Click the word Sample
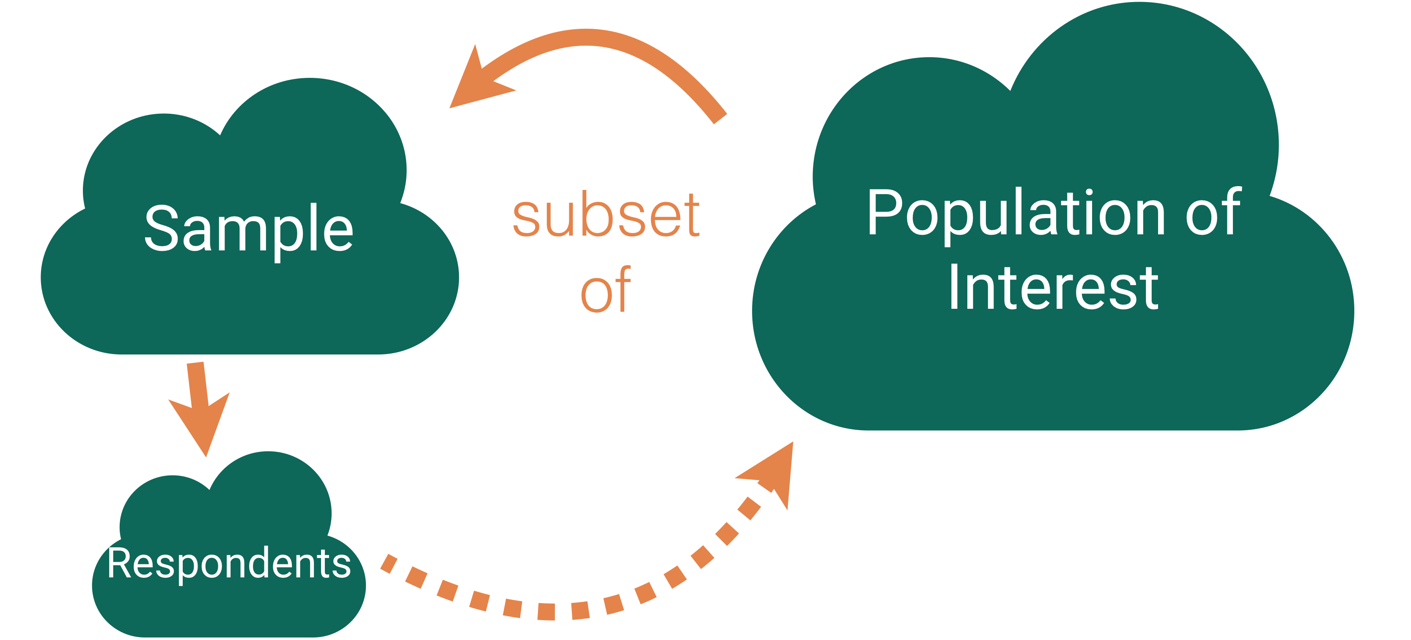click(x=249, y=229)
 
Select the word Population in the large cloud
click(x=1016, y=214)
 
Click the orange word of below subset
click(x=606, y=291)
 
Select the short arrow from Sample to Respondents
click(x=198, y=406)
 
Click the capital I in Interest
click(x=954, y=286)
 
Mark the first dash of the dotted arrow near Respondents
click(x=389, y=563)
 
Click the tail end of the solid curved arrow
click(x=720, y=118)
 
